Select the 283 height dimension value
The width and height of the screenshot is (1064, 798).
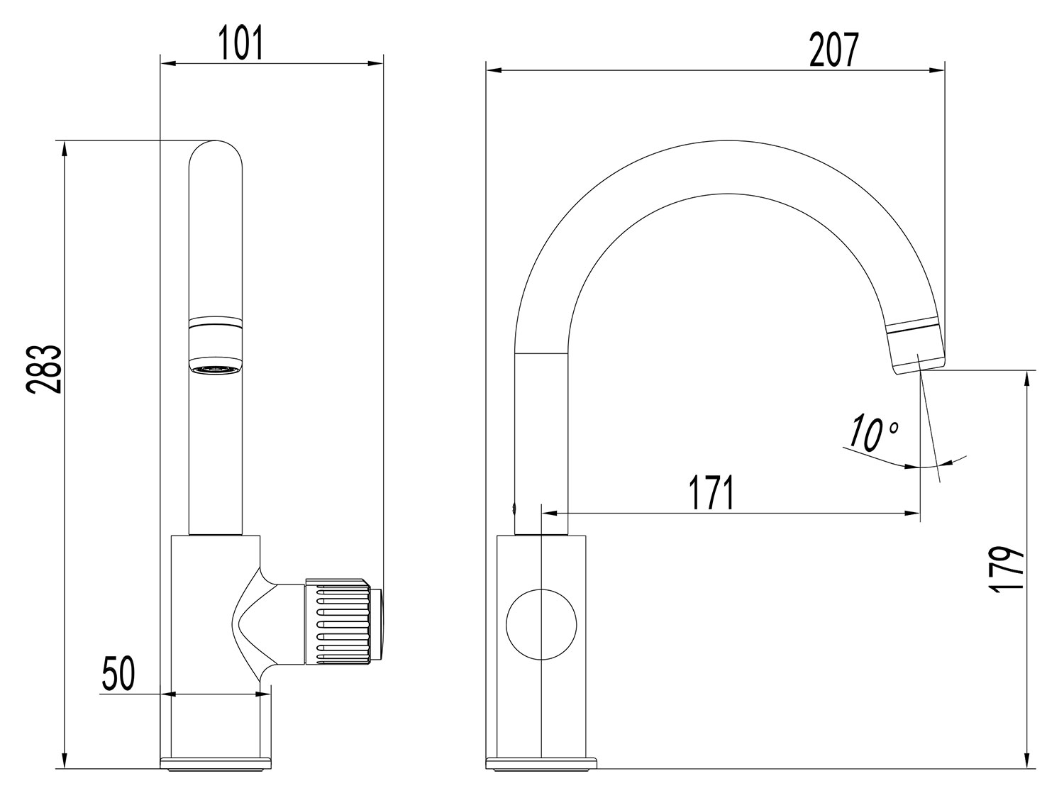(x=45, y=369)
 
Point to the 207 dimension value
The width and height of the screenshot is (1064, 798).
(x=834, y=50)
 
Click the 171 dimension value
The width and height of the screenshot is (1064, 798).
(x=710, y=493)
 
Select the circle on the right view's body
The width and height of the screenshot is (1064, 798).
(x=541, y=623)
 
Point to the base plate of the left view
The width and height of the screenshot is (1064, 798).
(x=216, y=763)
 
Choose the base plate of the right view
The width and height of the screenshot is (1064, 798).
(x=542, y=764)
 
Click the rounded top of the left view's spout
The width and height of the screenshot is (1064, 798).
(x=216, y=153)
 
